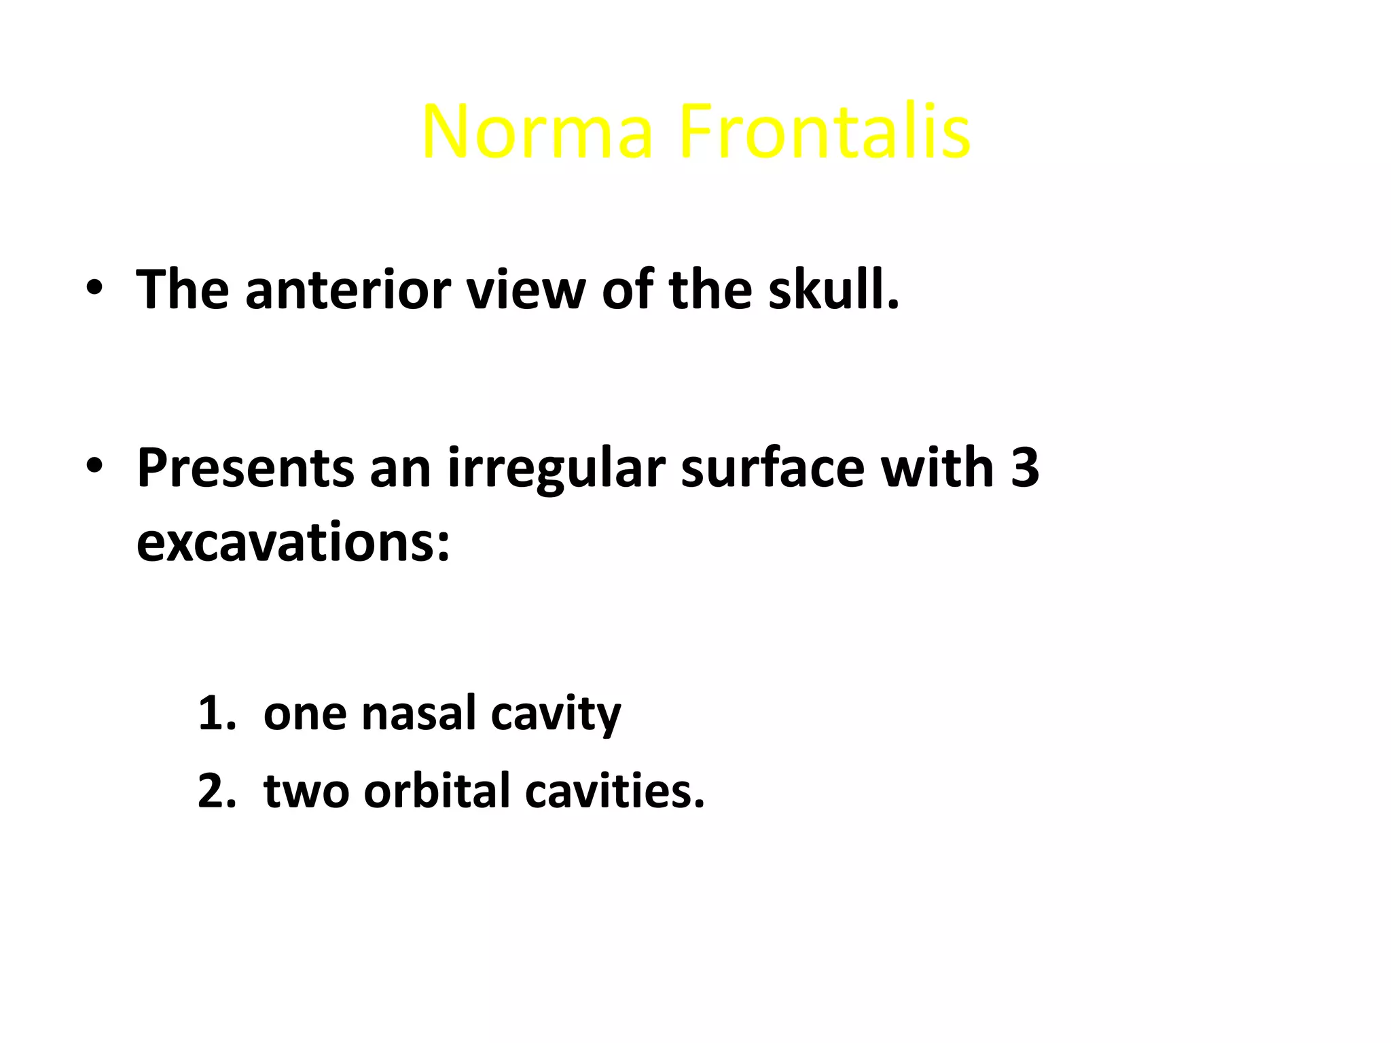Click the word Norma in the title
537,132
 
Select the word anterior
347,290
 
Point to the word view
526,290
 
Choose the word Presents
245,469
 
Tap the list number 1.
216,714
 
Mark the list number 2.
216,791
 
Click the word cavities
615,791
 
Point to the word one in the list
306,715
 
